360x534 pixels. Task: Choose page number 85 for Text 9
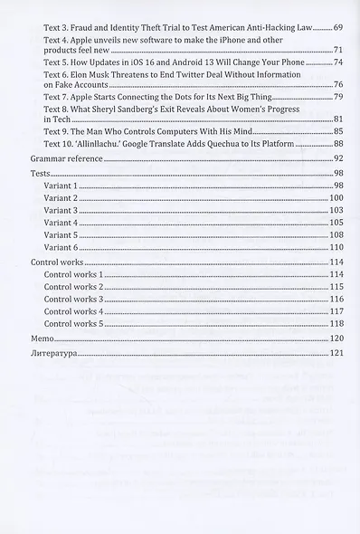336,131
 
